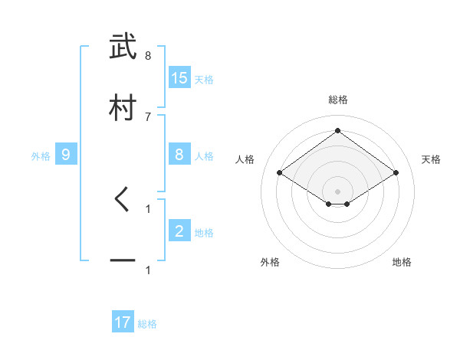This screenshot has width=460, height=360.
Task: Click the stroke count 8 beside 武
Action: coord(148,56)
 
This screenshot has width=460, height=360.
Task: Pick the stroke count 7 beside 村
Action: coord(148,116)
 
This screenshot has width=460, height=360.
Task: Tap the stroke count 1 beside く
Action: coord(148,208)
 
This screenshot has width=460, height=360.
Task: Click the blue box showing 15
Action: coord(179,78)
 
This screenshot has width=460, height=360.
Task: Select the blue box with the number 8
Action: coord(179,155)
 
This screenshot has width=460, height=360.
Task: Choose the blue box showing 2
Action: coord(179,231)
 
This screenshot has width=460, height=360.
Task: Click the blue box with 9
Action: coord(66,155)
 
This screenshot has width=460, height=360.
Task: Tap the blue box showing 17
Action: coord(123,322)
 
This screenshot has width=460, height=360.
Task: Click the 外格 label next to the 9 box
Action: coord(41,155)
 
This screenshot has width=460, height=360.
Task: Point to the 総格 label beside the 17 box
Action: coord(147,324)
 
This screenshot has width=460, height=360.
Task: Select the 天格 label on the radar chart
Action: coord(431,159)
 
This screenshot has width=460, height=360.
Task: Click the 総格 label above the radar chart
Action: coord(338,100)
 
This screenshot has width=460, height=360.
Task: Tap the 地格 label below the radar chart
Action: coord(402,262)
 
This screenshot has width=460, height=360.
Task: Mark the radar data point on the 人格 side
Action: coord(280,173)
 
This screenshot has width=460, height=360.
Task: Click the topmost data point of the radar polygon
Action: coord(338,130)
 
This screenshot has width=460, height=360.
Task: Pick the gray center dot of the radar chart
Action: coord(338,191)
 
